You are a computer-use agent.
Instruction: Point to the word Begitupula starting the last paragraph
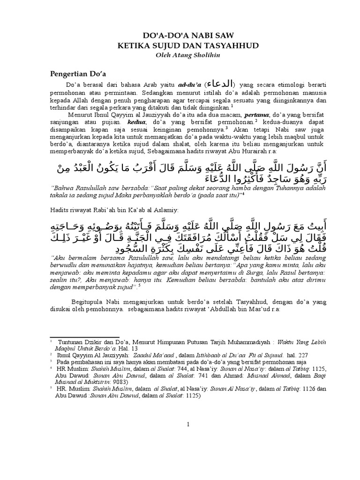(90, 301)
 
